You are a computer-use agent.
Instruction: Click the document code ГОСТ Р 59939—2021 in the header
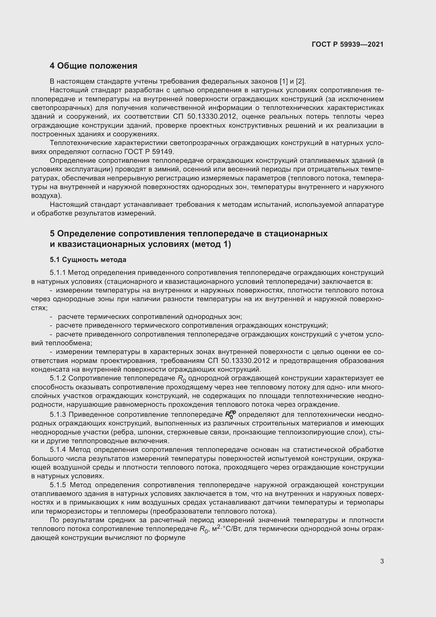(347, 44)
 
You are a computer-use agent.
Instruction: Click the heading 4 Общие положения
(93, 66)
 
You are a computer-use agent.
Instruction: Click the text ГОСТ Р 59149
(149, 152)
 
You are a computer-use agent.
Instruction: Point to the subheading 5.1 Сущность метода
(88, 260)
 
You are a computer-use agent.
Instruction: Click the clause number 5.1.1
(57, 273)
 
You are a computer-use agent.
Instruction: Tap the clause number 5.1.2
(58, 378)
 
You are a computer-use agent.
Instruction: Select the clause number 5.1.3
(58, 415)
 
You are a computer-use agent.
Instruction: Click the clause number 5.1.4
(58, 450)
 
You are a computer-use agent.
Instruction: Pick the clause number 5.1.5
(58, 485)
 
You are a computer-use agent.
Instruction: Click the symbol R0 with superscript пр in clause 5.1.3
(230, 415)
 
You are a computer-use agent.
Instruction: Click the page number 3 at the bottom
(382, 561)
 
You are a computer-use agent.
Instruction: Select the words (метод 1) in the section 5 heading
(211, 245)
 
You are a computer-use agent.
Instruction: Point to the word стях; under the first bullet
(39, 308)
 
